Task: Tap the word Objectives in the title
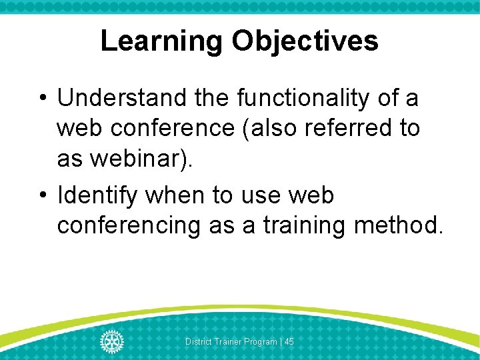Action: [305, 41]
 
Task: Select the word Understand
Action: [123, 98]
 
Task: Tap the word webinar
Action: [136, 158]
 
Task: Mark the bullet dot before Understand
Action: [42, 99]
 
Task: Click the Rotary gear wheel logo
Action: [112, 341]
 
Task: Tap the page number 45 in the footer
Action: [289, 342]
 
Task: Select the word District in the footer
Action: [199, 342]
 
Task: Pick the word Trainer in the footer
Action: [228, 342]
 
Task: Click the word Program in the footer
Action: [261, 342]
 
